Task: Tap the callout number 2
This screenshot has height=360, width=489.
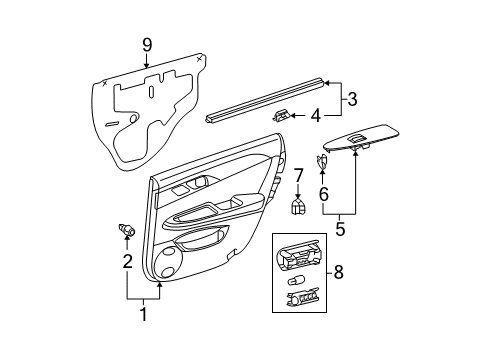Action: click(127, 263)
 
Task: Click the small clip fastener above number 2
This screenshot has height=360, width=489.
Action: click(126, 230)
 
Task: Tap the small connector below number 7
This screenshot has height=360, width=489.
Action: click(297, 208)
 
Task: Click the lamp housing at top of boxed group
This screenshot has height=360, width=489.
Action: click(301, 255)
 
